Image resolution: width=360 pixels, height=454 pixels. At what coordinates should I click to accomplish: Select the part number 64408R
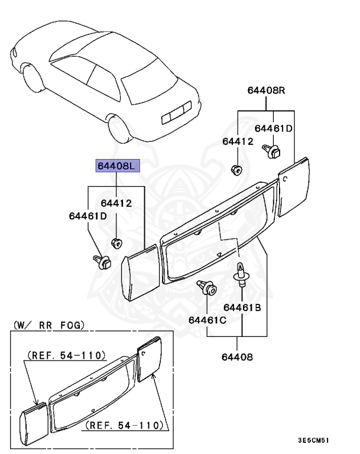coord(266,90)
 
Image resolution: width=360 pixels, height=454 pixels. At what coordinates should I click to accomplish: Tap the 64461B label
coord(242,307)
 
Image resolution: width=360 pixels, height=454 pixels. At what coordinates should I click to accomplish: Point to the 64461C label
coord(207,320)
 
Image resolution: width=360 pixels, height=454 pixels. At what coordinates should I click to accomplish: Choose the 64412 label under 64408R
coord(238,141)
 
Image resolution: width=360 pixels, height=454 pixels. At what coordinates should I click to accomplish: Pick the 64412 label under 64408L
coord(116,204)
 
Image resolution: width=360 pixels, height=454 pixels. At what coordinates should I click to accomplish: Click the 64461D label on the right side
coord(274,128)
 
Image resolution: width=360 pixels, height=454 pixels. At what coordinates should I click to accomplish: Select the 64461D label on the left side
coord(88,216)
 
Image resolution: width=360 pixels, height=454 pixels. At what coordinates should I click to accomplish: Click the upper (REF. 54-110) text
coord(66,356)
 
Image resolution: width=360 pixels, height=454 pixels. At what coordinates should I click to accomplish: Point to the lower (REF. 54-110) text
coord(125,424)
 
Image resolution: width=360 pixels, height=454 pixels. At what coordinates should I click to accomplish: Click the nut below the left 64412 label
coord(116,242)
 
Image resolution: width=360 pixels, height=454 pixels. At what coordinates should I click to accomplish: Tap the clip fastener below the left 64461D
coord(102,261)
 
